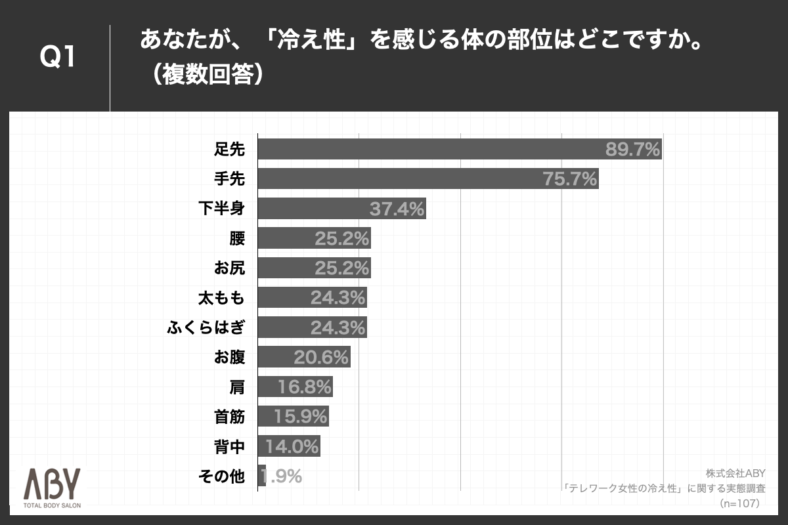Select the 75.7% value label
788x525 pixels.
point(570,179)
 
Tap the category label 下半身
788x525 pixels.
point(221,209)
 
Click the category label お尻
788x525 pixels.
point(229,268)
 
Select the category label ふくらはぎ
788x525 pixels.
point(206,327)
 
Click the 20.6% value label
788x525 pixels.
point(321,357)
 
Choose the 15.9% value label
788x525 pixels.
point(301,417)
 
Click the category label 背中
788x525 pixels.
point(229,446)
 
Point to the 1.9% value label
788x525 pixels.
point(282,476)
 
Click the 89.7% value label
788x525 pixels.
point(632,150)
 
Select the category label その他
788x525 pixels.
point(221,476)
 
